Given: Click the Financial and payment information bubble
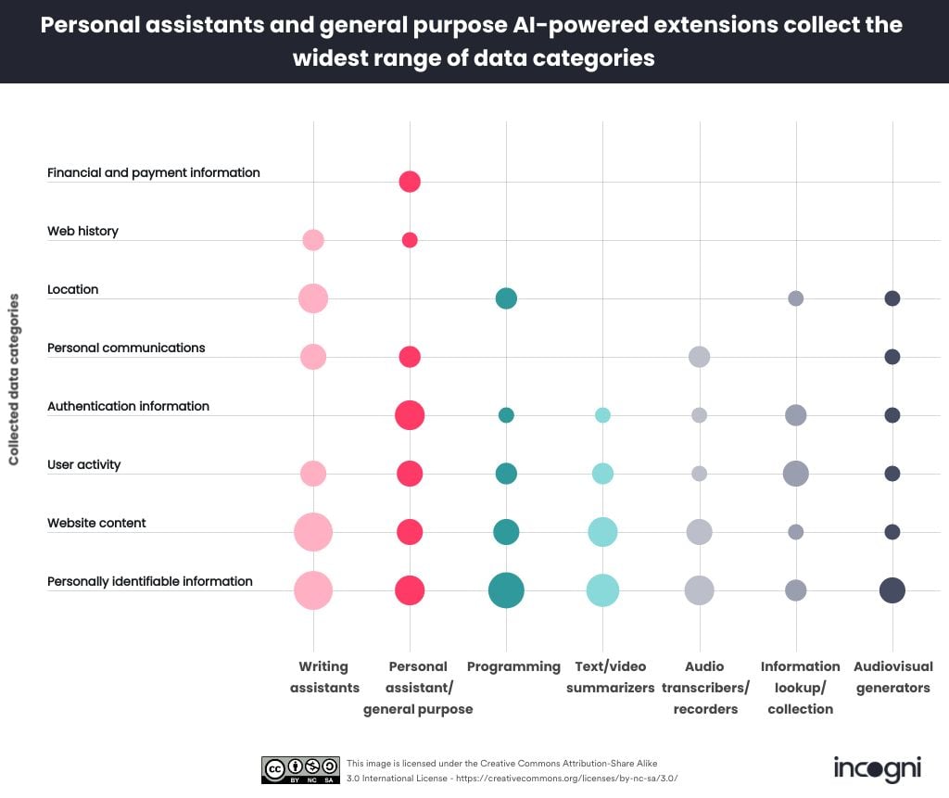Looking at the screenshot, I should [x=410, y=182].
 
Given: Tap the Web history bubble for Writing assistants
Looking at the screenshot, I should [x=313, y=240].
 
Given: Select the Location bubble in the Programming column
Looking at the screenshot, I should [x=506, y=298].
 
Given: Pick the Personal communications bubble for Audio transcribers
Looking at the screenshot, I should [x=699, y=357].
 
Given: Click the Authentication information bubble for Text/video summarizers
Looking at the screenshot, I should [x=602, y=415].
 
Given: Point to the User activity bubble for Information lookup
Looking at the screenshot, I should [x=795, y=474].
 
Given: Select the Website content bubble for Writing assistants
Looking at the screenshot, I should [x=313, y=532].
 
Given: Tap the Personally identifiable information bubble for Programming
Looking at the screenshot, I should [x=506, y=590].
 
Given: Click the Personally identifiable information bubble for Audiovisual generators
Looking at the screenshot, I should [x=892, y=590].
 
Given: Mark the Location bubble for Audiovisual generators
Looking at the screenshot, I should [x=892, y=298].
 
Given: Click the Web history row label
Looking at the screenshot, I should [x=82, y=231].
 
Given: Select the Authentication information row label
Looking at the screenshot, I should [x=128, y=406].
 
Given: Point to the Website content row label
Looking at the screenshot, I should [x=96, y=523].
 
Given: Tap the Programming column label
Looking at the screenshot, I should [x=513, y=666].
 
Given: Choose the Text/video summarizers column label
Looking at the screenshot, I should [x=610, y=678].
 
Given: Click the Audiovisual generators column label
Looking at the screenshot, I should [x=892, y=678].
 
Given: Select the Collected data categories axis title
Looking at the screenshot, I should [x=14, y=380].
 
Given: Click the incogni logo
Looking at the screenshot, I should [x=876, y=769].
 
